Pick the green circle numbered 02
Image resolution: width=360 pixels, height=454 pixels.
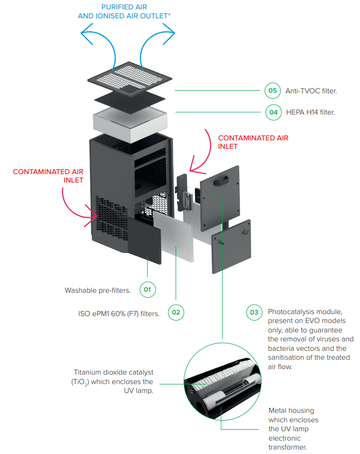pyautogui.click(x=176, y=313)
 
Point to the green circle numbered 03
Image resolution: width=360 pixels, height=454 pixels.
pyautogui.click(x=254, y=312)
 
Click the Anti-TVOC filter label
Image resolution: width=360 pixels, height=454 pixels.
pyautogui.click(x=311, y=91)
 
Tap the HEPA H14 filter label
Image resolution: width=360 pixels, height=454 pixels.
pyautogui.click(x=310, y=113)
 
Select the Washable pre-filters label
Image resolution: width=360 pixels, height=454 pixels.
pyautogui.click(x=98, y=290)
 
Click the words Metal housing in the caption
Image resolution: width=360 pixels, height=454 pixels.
pyautogui.click(x=291, y=410)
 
